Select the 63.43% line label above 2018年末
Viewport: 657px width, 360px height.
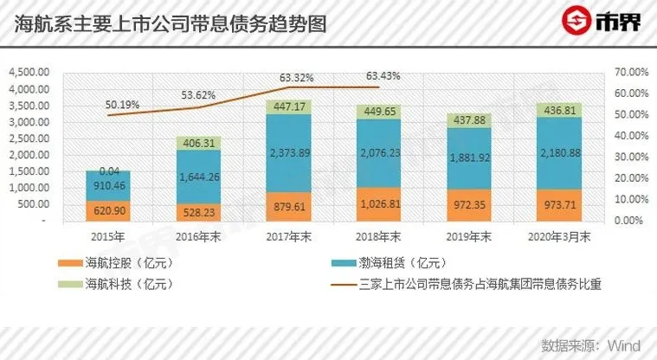[x=384, y=76]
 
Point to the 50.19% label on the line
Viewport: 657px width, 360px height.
[x=122, y=105]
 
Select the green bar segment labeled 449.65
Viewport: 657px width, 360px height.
[x=383, y=112]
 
